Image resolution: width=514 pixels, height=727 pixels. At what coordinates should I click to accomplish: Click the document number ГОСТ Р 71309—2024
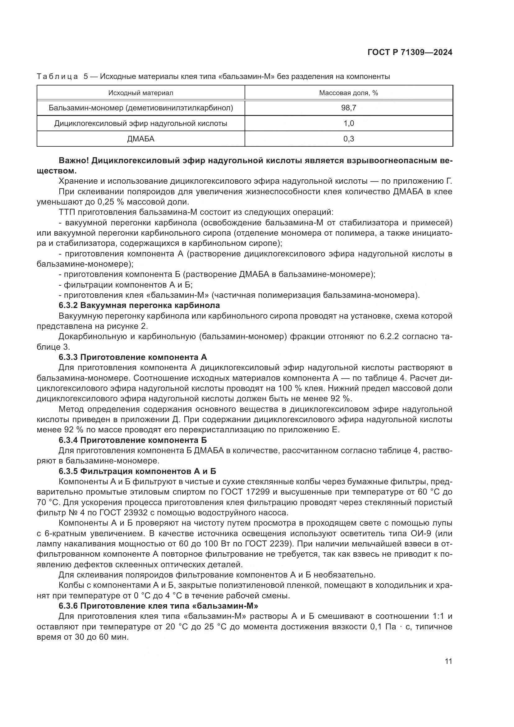410,53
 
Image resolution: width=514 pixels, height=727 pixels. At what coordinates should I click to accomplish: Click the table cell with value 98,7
348,108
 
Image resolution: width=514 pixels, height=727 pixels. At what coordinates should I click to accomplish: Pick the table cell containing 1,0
348,123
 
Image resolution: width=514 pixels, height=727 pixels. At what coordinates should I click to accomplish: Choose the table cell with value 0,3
348,139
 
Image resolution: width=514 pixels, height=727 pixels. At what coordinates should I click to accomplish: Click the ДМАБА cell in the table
140,139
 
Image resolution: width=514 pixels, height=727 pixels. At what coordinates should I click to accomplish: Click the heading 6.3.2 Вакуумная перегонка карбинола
139,306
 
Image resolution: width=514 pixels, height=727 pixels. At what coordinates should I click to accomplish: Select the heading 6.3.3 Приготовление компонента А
133,357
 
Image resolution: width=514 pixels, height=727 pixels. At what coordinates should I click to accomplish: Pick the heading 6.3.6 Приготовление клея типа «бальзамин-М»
158,606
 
